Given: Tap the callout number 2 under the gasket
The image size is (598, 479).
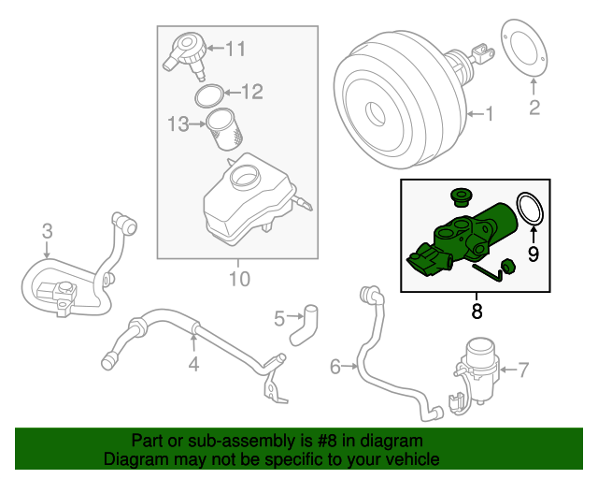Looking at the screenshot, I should click(x=534, y=108).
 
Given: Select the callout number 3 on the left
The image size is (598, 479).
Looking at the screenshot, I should click(x=47, y=231).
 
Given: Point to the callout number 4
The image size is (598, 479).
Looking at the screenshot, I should click(x=193, y=363).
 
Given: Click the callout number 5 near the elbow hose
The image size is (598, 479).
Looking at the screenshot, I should click(x=279, y=320).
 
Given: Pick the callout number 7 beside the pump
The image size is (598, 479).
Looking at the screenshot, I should click(x=523, y=369).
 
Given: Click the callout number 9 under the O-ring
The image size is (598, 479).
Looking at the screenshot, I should click(x=533, y=253).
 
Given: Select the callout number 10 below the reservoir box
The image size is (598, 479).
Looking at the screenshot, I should click(x=239, y=279).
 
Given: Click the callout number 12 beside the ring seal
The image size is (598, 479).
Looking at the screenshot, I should click(x=252, y=92).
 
